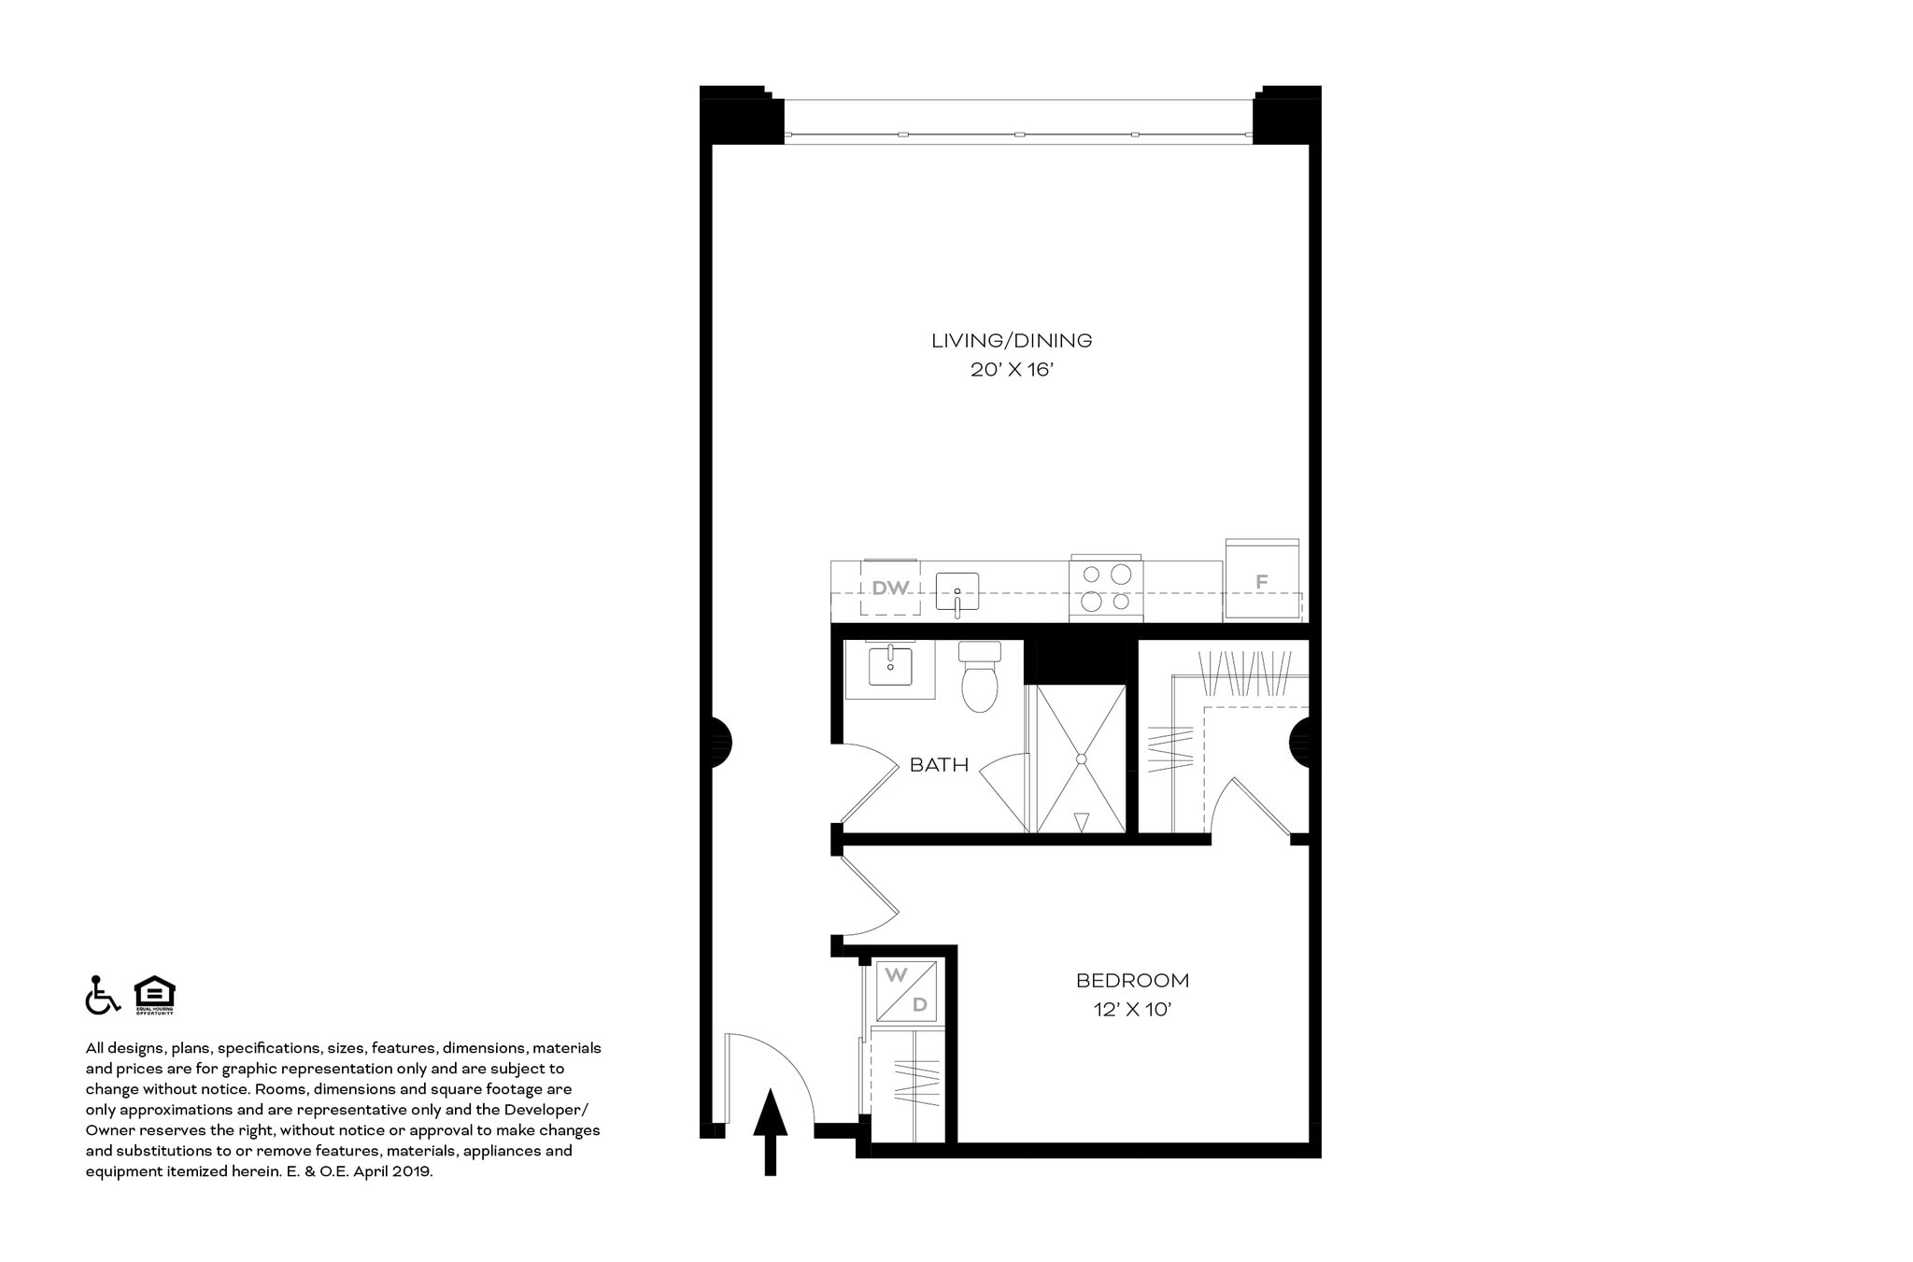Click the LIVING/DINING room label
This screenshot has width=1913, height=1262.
click(1012, 341)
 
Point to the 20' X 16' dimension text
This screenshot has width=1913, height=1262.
click(1012, 370)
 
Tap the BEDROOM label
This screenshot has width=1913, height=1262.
click(1132, 981)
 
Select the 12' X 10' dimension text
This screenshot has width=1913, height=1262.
click(1132, 1010)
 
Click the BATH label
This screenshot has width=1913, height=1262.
click(939, 765)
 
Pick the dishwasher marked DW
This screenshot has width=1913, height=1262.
click(890, 588)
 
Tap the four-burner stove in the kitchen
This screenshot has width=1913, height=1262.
click(1106, 588)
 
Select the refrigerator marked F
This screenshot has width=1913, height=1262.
click(1262, 581)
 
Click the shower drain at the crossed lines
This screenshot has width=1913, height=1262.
click(1082, 759)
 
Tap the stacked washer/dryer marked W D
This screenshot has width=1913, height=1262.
click(907, 990)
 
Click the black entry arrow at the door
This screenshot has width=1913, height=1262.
click(771, 1129)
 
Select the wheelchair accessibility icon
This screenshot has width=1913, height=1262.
click(102, 995)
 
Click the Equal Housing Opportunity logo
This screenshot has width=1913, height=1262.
click(154, 995)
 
